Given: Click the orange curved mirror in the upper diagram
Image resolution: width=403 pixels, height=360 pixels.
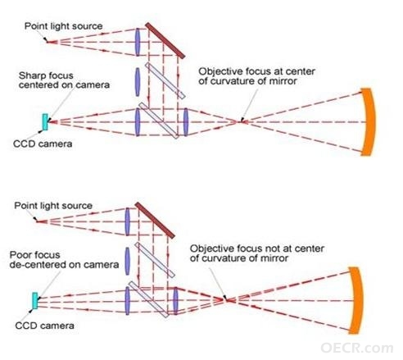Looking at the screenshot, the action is coord(369,122).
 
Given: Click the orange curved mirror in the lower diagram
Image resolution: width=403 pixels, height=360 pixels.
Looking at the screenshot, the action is coord(357,300).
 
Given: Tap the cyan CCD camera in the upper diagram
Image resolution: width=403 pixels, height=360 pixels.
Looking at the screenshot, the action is coord(45,122).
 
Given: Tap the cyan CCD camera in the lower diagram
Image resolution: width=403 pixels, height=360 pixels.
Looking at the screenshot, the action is coord(35,301).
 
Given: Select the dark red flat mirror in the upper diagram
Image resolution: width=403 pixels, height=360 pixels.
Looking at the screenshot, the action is coord(165,40).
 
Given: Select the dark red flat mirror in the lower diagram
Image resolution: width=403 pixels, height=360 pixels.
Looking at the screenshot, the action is coord(155,221).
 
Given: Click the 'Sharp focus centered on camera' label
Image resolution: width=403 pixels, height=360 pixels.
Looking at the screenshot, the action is coord(64,80).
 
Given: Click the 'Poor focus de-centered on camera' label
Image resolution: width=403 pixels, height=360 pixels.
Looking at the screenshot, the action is coord(64,260).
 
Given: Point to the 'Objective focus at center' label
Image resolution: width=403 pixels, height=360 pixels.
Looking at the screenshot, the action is coord(256,71).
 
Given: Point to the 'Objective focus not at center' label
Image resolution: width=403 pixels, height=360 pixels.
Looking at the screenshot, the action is coord(257,248).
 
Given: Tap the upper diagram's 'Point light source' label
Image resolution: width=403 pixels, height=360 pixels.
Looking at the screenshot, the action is coord(64,26).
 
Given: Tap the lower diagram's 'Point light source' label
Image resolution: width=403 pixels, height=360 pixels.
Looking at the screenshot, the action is coord(53,206).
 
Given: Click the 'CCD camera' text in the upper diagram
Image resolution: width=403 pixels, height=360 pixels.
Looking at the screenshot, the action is coord(43,144).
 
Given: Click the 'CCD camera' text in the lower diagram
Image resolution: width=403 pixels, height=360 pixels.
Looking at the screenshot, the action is coord(44,326).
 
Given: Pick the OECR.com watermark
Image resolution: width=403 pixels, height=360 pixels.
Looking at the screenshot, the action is coord(357,348).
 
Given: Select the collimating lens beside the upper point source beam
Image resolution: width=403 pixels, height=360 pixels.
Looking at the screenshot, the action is coord(138,42).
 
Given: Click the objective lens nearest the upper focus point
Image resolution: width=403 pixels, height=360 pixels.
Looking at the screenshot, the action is coord(186,122).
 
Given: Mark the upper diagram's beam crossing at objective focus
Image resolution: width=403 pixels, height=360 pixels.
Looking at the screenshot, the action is coord(241,122).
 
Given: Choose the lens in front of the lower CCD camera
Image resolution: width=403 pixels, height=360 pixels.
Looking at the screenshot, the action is coord(127,301).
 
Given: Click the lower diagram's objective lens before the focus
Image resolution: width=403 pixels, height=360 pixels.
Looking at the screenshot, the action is coord(175,301).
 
